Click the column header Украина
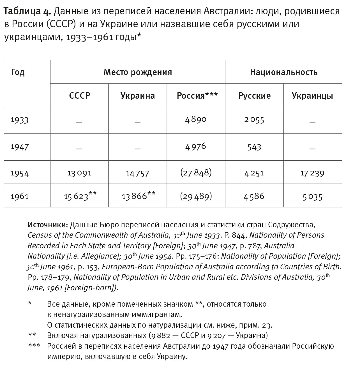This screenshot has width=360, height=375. [x=138, y=96]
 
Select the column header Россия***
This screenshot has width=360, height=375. [x=197, y=96]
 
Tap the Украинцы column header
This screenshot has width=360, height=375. [x=312, y=96]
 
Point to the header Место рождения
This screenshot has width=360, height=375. [x=138, y=72]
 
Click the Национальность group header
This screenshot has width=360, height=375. [x=284, y=72]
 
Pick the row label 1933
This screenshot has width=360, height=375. [x=20, y=120]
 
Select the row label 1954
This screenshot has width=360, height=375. [x=20, y=173]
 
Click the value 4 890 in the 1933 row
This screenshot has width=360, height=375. [x=196, y=120]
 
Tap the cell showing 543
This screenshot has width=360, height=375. [x=254, y=147]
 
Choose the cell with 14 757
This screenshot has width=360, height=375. [x=138, y=173]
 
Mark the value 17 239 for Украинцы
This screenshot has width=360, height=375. [x=312, y=173]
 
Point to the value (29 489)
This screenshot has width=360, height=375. [x=196, y=196]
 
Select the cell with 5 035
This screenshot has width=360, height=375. [x=312, y=197]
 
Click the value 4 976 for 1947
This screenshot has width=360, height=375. [x=196, y=147]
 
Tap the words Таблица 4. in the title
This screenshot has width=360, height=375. [x=27, y=11]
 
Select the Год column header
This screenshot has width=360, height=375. [x=18, y=72]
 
